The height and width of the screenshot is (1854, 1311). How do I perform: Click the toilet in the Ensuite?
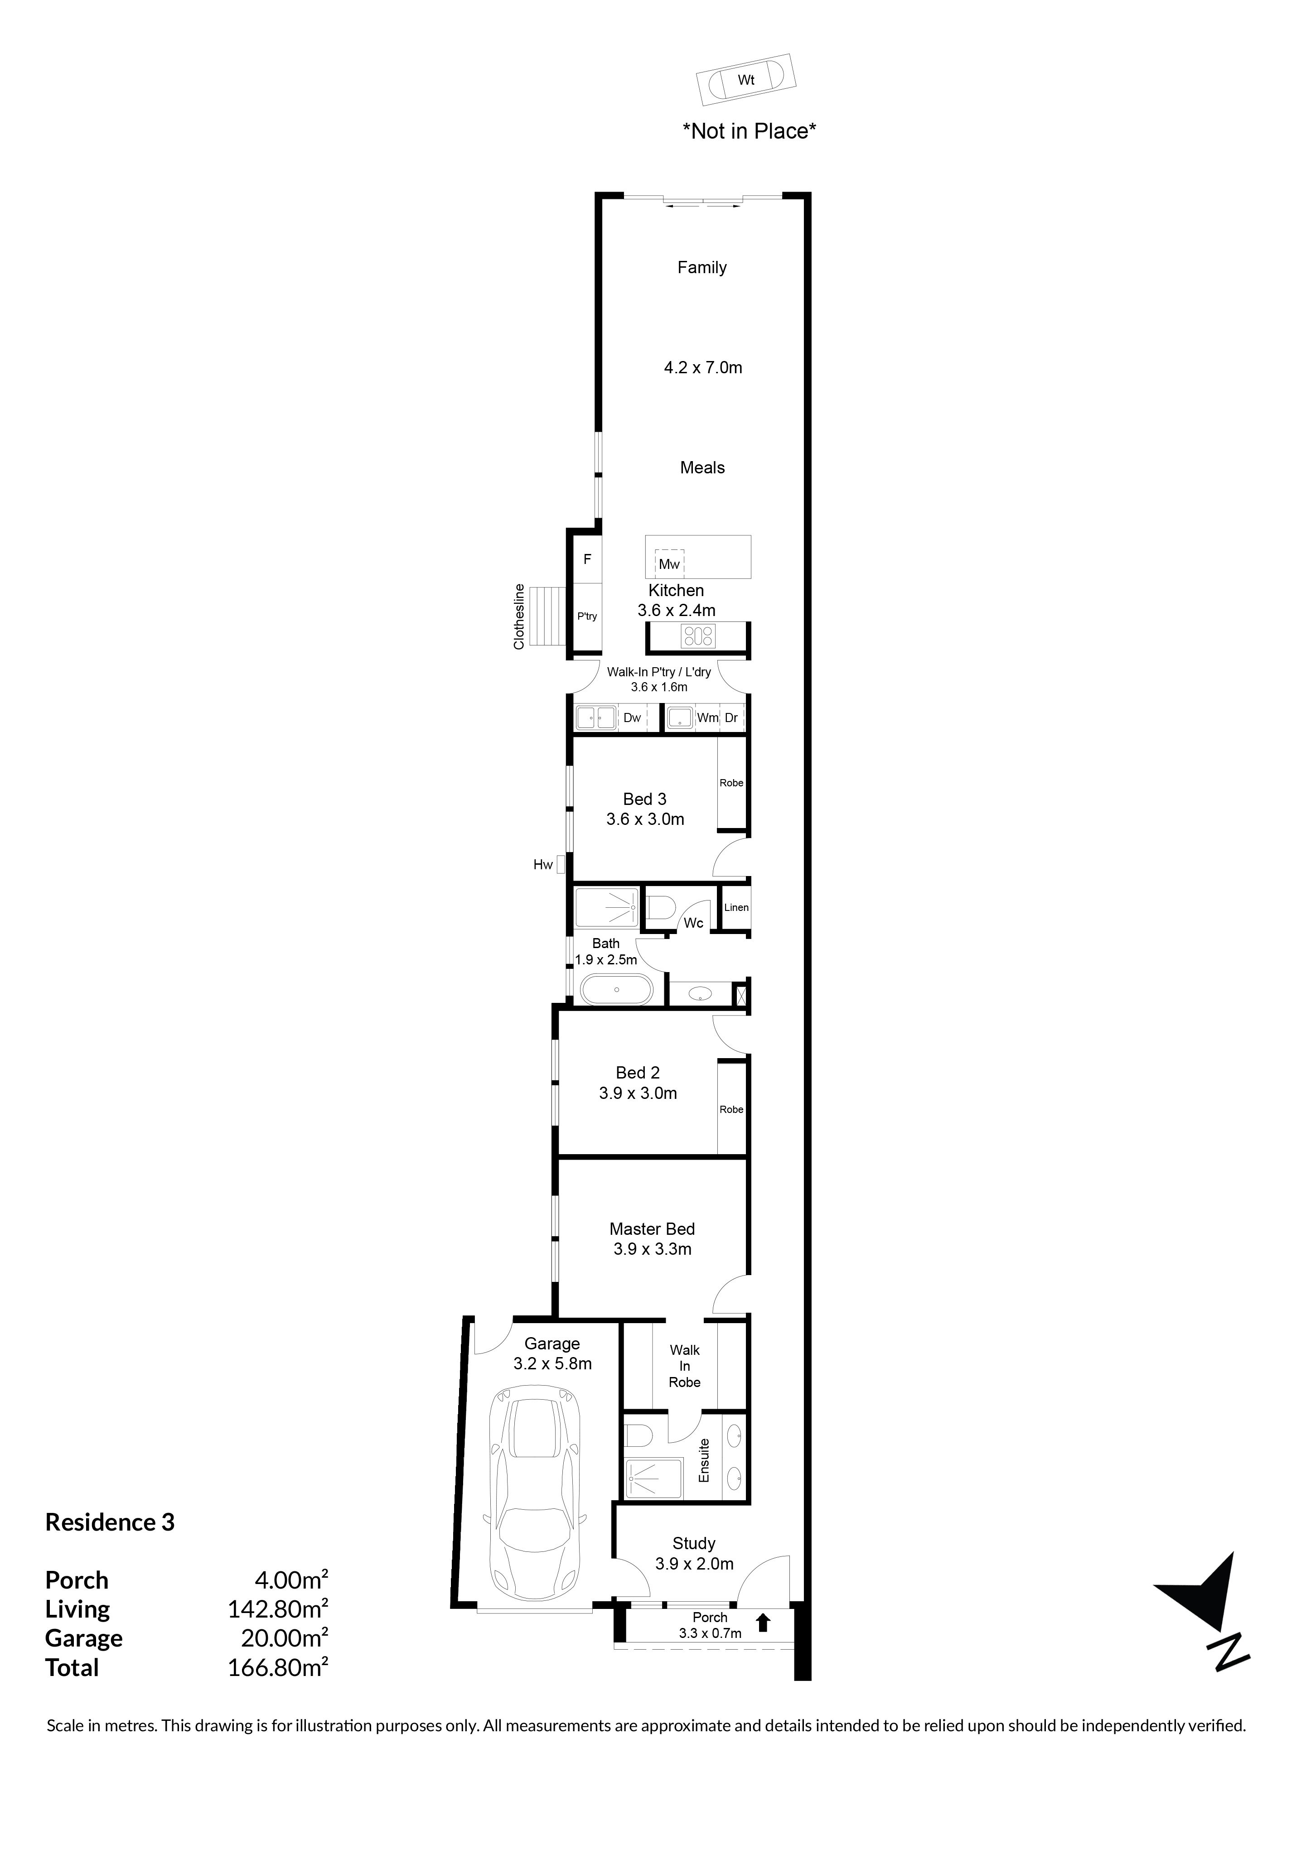tap(640, 1436)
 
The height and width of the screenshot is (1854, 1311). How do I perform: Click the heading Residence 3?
tap(110, 1522)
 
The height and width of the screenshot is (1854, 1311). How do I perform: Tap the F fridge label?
tap(587, 559)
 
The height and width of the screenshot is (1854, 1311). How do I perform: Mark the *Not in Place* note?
tap(750, 131)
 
